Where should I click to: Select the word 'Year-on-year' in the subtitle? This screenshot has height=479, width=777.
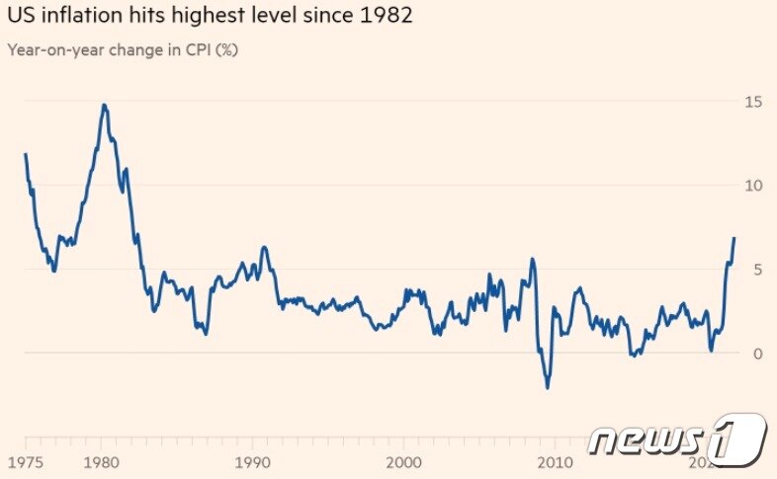[48, 50]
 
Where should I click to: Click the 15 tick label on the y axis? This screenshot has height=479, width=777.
[754, 102]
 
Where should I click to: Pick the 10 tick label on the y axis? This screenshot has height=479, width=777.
[754, 186]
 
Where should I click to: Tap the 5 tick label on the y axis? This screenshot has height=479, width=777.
[758, 270]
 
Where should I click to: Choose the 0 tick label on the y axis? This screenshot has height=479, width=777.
[758, 354]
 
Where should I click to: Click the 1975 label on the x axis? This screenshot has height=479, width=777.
[24, 463]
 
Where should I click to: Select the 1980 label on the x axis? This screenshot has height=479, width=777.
[101, 463]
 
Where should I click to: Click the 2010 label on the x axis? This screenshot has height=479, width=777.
[555, 463]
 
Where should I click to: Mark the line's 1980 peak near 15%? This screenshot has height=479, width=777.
[104, 105]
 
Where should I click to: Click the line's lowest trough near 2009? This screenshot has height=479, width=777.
[548, 387]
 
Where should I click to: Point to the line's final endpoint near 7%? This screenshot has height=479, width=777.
[734, 238]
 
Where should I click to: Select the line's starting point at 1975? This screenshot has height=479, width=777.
[25, 154]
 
